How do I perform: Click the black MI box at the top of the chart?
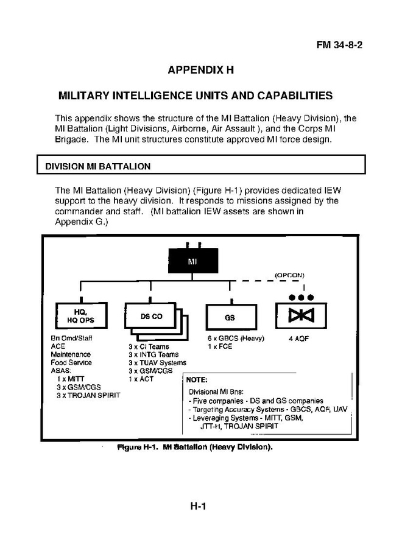pyautogui.click(x=193, y=261)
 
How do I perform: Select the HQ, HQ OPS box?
pyautogui.click(x=81, y=315)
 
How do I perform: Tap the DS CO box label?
pyautogui.click(x=152, y=316)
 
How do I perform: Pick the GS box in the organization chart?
pyautogui.click(x=231, y=317)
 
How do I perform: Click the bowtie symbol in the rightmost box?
pyautogui.click(x=301, y=315)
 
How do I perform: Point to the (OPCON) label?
pyautogui.click(x=289, y=275)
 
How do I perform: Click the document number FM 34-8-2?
pyautogui.click(x=339, y=44)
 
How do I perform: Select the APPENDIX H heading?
pyautogui.click(x=200, y=70)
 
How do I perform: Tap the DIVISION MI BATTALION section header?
pyautogui.click(x=98, y=166)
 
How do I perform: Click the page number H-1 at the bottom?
pyautogui.click(x=198, y=506)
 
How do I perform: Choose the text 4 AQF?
pyautogui.click(x=299, y=339)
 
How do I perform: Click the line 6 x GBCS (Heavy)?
pyautogui.click(x=236, y=339)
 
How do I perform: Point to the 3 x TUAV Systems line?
pyautogui.click(x=157, y=363)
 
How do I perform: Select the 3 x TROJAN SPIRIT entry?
pyautogui.click(x=88, y=395)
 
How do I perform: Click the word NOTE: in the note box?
pyautogui.click(x=197, y=380)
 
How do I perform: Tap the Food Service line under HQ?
pyautogui.click(x=71, y=362)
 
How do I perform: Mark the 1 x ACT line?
pyautogui.click(x=141, y=379)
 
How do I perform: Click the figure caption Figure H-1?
pyautogui.click(x=195, y=447)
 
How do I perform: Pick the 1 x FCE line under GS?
pyautogui.click(x=220, y=346)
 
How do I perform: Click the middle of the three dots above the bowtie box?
pyautogui.click(x=301, y=297)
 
